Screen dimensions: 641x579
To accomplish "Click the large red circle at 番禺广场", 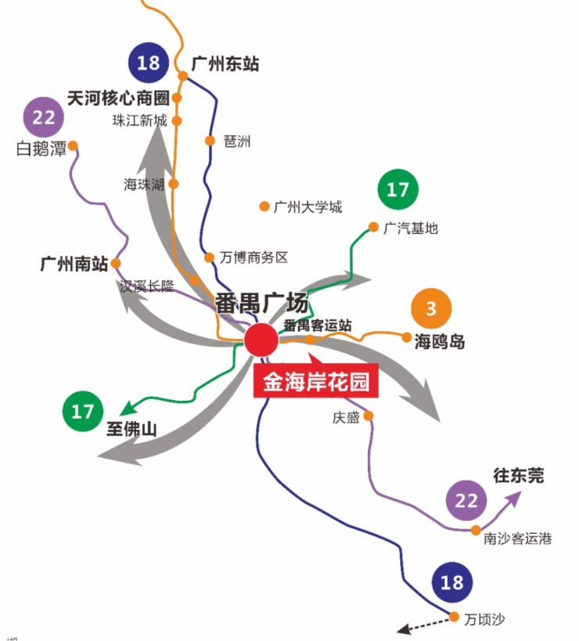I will coord(261,340).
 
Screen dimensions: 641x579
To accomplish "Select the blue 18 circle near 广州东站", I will coord(149,63).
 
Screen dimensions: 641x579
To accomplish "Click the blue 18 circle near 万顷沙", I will coord(451,582).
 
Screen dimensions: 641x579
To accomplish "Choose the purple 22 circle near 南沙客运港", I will coord(466,501).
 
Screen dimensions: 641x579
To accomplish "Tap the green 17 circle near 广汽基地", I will coord(398,189).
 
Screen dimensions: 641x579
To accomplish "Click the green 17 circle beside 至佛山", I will coord(82,412).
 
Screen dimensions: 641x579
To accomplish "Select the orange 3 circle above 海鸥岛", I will coord(431,309).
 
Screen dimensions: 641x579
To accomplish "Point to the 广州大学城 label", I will coord(307,207).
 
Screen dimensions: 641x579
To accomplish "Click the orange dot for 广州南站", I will coord(116,264).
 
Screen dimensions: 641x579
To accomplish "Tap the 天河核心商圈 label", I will coord(118,99).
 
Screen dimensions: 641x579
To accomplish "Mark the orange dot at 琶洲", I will coord(210,141).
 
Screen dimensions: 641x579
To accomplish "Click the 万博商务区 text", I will coord(254,257).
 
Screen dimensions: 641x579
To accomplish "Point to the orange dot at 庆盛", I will coord(369,416).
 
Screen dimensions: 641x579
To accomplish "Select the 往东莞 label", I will coord(518,474).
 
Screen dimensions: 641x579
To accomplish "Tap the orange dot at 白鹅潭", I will coord(73,145).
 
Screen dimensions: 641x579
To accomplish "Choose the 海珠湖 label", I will coord(144,185).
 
